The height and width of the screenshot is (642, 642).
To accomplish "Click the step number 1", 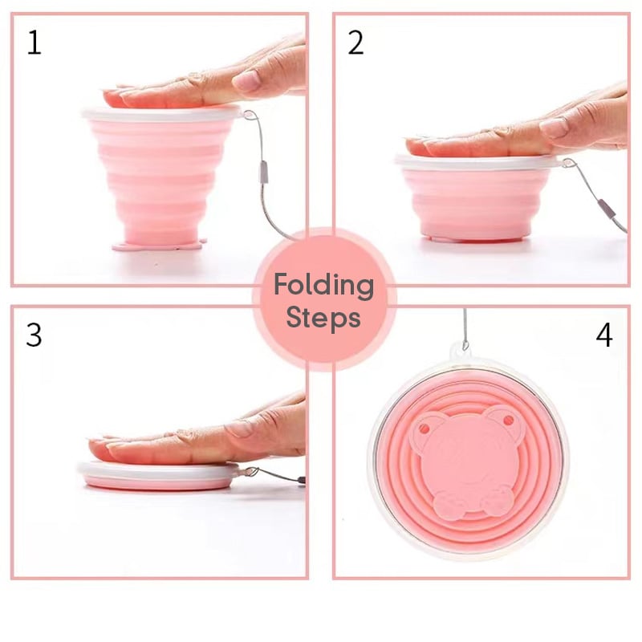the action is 35,43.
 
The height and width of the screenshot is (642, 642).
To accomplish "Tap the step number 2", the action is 356,43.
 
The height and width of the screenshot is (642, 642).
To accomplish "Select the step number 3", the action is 34,335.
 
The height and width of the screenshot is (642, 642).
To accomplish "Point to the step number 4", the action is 604,335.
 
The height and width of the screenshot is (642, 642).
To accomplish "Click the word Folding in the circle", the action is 324,286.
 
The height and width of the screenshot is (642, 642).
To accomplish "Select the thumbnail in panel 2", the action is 555,128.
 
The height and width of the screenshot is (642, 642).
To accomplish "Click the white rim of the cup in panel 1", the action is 160,113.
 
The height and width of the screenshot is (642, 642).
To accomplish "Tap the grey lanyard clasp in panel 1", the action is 264,172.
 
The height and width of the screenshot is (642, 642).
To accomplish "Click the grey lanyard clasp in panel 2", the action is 607,209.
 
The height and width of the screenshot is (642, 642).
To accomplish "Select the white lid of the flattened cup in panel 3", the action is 158,470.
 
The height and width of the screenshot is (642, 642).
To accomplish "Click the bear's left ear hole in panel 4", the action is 425,429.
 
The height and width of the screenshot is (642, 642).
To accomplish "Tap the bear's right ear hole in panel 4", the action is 508,420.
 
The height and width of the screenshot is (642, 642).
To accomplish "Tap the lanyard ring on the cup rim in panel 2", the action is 568,163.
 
